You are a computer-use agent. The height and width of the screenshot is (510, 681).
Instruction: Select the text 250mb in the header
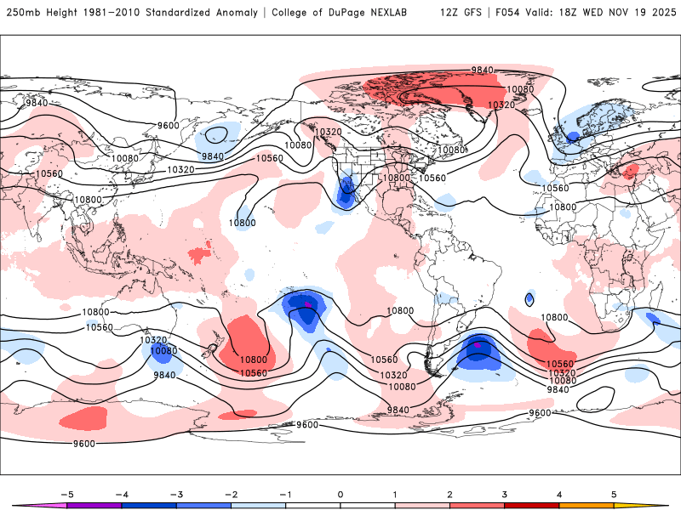pyautogui.click(x=22, y=13)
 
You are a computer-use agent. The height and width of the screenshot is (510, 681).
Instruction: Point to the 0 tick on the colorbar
pyautogui.click(x=340, y=493)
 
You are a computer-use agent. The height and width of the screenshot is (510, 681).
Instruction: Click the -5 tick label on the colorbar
pyautogui.click(x=67, y=493)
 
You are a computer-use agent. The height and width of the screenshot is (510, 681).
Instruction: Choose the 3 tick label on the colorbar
pyautogui.click(x=504, y=493)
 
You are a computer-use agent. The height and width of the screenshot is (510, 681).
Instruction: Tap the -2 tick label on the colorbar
pyautogui.click(x=231, y=493)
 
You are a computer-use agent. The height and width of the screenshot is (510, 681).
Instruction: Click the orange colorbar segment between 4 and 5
pyautogui.click(x=586, y=505)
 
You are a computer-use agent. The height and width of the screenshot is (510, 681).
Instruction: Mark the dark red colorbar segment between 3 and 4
pyautogui.click(x=531, y=505)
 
